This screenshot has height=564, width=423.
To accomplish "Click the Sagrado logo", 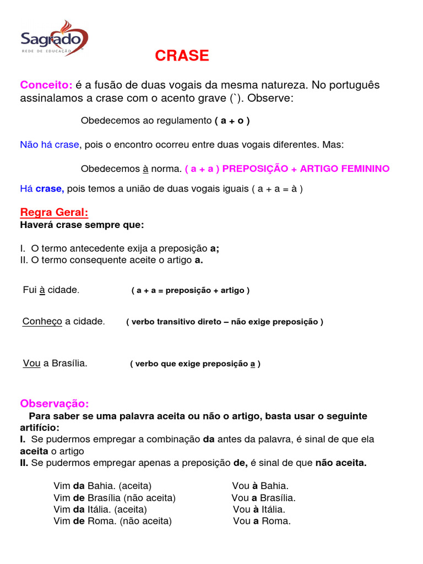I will (54, 37).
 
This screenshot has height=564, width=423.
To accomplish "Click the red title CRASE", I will (182, 56).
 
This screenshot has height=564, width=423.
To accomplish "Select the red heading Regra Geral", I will (54, 213).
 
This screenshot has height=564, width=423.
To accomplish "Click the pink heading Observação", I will (54, 404).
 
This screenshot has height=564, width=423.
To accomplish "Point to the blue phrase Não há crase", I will (50, 144).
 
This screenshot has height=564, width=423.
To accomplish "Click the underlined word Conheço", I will (42, 321).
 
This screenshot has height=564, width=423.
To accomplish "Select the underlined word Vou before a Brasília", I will (31, 364).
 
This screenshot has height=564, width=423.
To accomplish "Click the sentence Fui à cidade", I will (51, 290).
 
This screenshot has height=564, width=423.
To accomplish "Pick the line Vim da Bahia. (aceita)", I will (102, 486).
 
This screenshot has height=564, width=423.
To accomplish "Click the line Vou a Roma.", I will (262, 521).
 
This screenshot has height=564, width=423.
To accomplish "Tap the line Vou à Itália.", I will (259, 509).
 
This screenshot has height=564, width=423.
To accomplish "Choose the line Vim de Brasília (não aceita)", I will (115, 498).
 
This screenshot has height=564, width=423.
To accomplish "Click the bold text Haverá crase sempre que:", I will (82, 225).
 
